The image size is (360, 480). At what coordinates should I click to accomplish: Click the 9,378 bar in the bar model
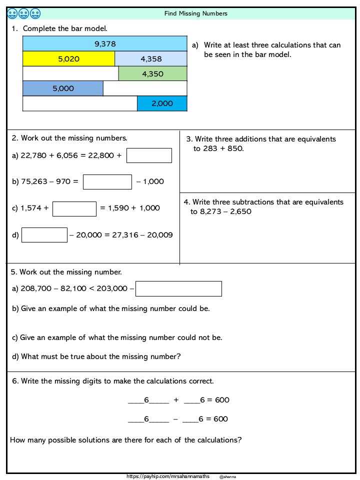105,44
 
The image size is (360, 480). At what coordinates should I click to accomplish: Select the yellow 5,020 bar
69,59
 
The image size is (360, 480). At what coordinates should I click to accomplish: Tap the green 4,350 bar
152,73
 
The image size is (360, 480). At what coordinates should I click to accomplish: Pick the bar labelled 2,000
162,103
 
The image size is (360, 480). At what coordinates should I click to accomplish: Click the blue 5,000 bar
63,88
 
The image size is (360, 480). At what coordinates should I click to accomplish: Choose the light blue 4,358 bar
151,59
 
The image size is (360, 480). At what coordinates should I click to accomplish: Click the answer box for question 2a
149,155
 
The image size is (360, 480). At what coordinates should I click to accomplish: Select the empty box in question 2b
107,181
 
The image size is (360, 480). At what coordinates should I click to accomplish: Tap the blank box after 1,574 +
74,208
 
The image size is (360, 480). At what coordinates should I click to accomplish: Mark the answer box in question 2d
44,235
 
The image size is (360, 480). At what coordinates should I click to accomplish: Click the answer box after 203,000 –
178,288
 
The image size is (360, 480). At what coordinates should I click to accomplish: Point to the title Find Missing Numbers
196,13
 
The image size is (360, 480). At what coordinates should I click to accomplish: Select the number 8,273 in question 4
210,211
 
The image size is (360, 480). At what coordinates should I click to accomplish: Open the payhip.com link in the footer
168,477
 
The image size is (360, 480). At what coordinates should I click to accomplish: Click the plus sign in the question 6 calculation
176,400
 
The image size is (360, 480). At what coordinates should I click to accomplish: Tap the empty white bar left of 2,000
80,103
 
